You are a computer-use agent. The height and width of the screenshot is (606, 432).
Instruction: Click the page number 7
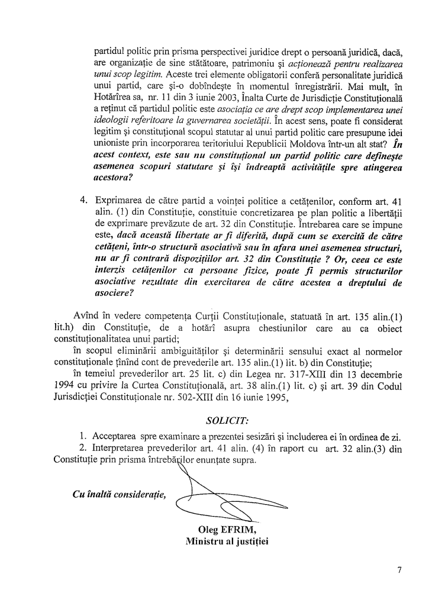point(399,570)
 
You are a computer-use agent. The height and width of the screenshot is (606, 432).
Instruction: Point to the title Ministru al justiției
point(227,541)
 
